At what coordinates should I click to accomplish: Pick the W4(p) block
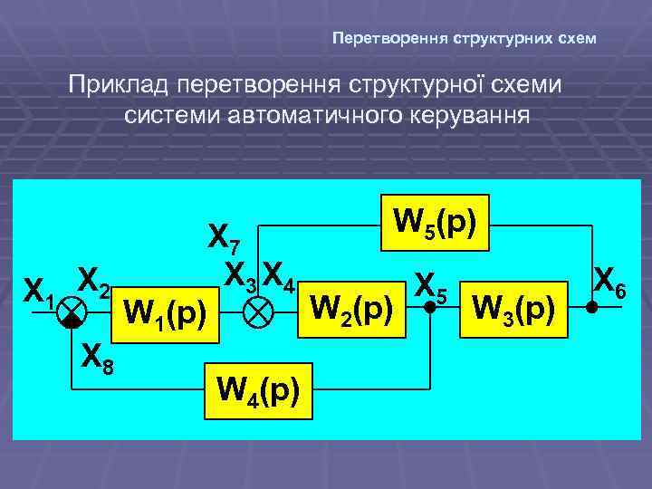(x=257, y=392)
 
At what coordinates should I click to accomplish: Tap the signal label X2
(x=94, y=283)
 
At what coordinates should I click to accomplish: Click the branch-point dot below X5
(x=429, y=309)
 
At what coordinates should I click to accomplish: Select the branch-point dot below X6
(x=591, y=309)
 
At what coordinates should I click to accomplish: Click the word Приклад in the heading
(x=120, y=88)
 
